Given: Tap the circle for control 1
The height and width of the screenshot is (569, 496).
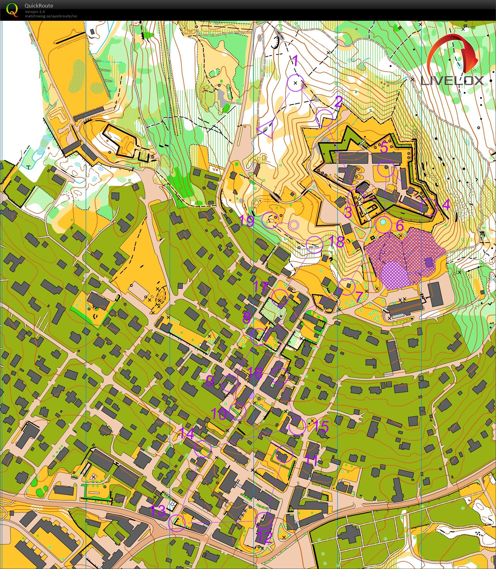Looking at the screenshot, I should point(296,83).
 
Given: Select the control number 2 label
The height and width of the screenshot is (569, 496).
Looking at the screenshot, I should point(338,102).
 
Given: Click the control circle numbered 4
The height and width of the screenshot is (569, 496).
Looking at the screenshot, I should point(429,207).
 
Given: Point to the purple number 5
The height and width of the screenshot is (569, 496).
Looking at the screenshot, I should point(384,148).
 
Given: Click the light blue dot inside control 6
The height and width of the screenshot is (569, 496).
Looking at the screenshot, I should point(383,222).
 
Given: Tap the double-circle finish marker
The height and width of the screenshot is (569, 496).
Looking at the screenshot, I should point(294,225).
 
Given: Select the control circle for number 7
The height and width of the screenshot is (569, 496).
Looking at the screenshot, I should point(346,287).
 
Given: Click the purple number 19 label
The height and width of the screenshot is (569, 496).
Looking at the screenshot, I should point(246,221).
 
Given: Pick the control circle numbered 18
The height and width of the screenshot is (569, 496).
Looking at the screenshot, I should point(315,245).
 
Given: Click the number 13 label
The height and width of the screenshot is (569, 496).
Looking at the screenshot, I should point(158,510).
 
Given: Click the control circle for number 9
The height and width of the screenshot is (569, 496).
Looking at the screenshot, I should point(230,383).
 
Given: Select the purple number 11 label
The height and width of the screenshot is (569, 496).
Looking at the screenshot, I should point(311,460).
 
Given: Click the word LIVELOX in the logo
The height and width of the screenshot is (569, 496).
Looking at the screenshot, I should point(452,81).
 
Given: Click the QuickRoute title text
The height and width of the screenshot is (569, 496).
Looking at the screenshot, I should point(39,6).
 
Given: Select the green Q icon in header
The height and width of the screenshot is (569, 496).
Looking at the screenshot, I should point(12,9).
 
